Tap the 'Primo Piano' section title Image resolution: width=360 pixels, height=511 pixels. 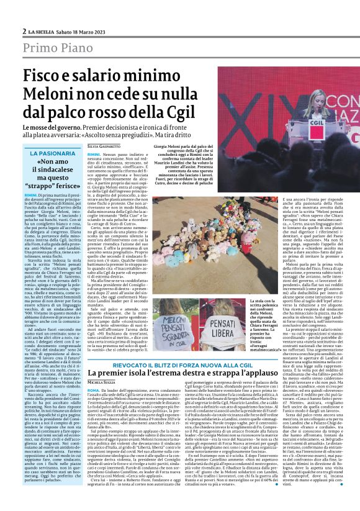52,50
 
